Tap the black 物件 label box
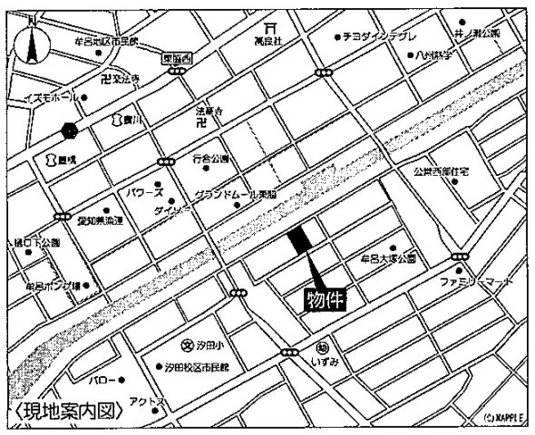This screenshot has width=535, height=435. click(324, 299)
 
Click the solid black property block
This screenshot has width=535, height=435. click(298, 241)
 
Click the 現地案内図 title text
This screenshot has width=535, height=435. click(70, 410)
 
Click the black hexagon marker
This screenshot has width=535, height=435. click(69, 130)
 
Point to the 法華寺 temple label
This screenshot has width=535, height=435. click(209, 112)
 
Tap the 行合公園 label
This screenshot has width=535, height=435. click(211, 159)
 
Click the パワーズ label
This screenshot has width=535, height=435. click(145, 193)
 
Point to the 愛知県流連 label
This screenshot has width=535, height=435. click(99, 220)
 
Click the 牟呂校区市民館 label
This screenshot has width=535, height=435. click(106, 41)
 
